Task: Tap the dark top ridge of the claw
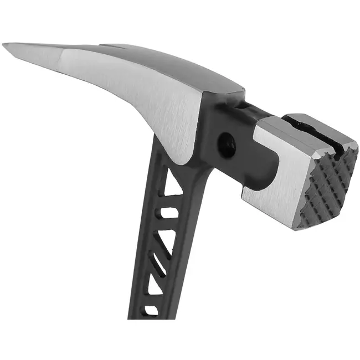pos(183,61)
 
